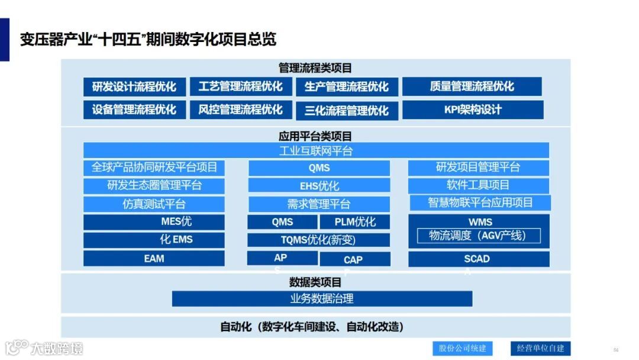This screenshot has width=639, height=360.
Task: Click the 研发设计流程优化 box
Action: (134, 86)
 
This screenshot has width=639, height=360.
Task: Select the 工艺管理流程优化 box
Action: (241, 86)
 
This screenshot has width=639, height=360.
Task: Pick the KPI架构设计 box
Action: (473, 110)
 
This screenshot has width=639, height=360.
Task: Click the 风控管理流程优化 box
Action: (241, 110)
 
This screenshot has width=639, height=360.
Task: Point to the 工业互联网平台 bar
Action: (316, 150)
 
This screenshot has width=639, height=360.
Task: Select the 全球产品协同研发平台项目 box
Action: (154, 168)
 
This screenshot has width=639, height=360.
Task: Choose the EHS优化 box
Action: (319, 186)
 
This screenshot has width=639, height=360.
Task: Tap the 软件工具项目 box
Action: (478, 185)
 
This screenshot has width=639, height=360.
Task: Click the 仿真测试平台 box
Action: (154, 204)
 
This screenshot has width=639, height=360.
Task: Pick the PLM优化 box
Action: (355, 222)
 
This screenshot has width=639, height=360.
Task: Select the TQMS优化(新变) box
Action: (319, 240)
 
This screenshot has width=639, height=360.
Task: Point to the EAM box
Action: (154, 259)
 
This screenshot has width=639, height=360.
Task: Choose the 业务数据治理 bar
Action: (322, 298)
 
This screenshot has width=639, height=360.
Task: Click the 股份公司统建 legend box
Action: (462, 348)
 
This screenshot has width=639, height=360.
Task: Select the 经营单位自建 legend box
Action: (540, 348)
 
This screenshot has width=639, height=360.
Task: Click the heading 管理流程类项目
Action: (315, 68)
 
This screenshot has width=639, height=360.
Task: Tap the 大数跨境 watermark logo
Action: (44, 348)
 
